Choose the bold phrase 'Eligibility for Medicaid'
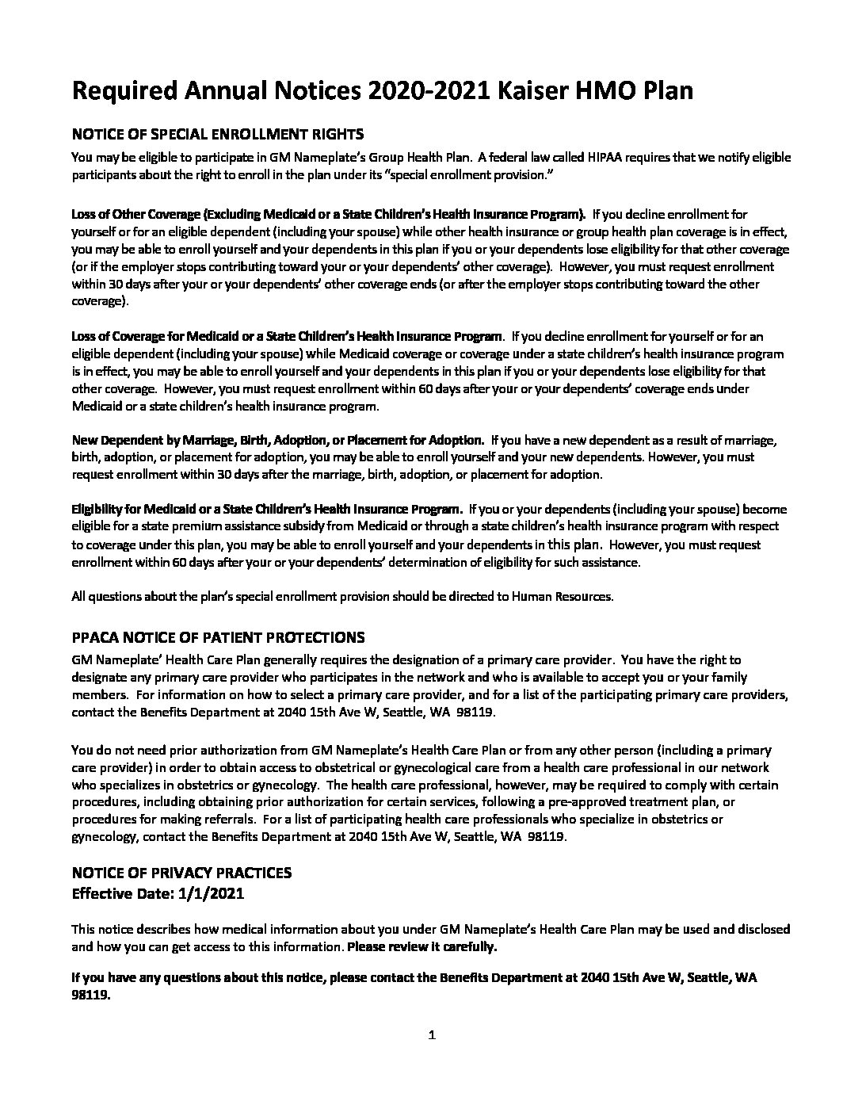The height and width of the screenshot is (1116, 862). tap(139, 509)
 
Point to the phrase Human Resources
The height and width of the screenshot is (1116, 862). tap(562, 596)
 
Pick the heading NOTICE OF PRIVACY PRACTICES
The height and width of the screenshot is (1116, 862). tap(181, 873)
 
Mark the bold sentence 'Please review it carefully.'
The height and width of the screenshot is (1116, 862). tap(423, 946)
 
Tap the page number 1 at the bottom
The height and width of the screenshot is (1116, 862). tap(432, 1034)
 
